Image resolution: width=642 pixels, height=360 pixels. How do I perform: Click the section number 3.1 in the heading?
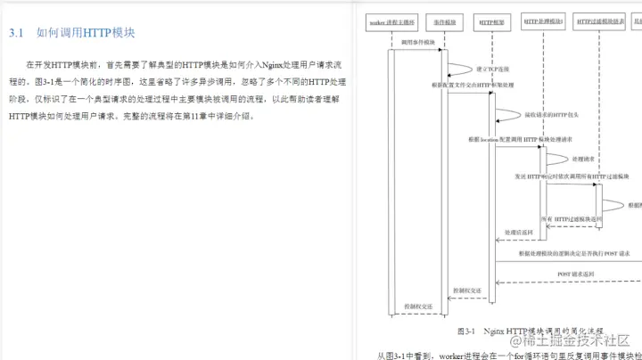(15, 33)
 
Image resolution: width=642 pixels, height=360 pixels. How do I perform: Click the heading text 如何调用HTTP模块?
(86, 33)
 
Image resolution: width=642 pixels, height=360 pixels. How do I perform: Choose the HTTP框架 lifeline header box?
(492, 19)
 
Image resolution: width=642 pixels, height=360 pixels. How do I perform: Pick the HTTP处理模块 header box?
(543, 19)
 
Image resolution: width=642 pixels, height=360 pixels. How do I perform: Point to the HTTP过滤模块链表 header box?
(600, 19)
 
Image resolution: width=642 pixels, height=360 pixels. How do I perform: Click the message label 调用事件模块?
(417, 41)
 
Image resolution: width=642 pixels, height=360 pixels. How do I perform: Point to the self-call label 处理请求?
(583, 159)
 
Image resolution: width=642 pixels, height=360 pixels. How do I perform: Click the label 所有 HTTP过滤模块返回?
(572, 217)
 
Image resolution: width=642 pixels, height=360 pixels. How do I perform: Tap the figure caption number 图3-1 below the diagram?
(466, 331)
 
